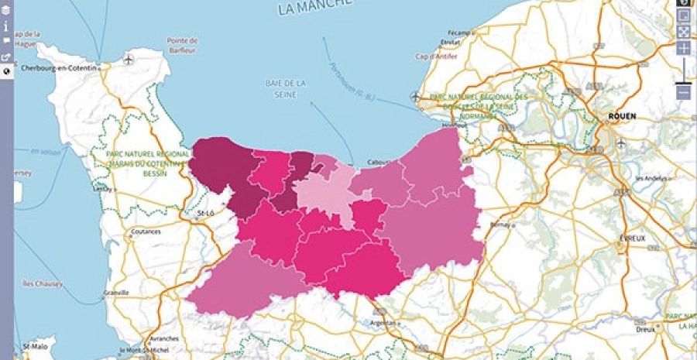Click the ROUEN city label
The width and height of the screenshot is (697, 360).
click(x=622, y=116)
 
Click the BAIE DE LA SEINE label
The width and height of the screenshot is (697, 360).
click(x=287, y=89)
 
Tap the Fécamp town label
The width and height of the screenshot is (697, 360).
click(x=459, y=33)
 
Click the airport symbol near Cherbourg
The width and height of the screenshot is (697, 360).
click(x=128, y=58)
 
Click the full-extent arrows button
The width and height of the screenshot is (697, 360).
click(x=684, y=32)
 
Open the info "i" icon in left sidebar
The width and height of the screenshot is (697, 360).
click(x=6, y=26)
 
